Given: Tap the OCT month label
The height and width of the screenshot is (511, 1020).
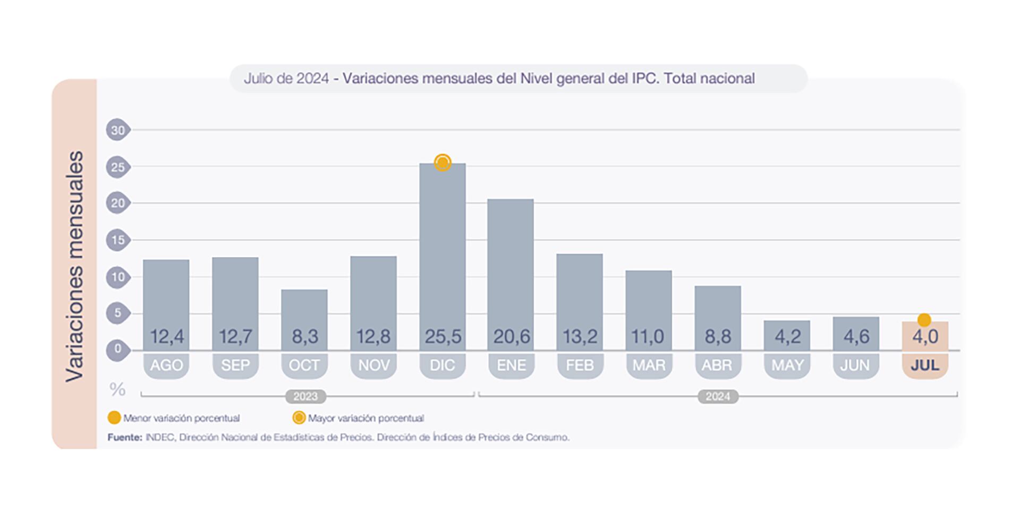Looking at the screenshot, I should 304,365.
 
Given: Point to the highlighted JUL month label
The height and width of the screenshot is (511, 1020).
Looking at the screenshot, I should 925,365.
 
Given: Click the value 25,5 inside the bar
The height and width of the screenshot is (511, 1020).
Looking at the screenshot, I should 443,336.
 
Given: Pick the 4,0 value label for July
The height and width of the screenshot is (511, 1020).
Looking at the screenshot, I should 925,336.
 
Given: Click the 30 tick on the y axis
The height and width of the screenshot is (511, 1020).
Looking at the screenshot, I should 117,130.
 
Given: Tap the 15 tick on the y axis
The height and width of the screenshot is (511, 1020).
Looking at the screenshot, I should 117,240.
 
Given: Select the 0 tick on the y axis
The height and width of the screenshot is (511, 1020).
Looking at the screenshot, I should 117,350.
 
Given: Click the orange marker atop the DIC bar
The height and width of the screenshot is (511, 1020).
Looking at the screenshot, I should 443,163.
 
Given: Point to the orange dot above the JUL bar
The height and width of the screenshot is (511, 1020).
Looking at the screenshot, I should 924,320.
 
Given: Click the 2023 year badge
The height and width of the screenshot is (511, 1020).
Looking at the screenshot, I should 305,396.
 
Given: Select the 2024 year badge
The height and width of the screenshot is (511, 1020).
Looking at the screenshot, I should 718,396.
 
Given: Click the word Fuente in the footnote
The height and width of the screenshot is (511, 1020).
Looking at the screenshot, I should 125,437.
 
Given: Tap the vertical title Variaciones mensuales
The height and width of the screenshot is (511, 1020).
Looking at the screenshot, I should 75,266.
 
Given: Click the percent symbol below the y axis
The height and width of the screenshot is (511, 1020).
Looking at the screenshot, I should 117,389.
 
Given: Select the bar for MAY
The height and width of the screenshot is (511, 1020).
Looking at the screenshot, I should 787,335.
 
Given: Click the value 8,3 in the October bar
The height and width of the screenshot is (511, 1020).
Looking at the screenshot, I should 304,336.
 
